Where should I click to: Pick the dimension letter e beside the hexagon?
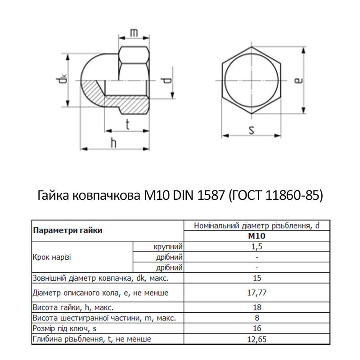point(298,80)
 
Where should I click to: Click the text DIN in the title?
point(183,196)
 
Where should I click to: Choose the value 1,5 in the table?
point(256,247)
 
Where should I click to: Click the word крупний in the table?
point(167,247)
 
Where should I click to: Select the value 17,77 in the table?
point(256,293)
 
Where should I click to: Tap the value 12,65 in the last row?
point(256,339)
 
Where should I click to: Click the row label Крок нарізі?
point(52,257)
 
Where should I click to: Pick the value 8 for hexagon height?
point(256,318)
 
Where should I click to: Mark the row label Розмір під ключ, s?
point(69,328)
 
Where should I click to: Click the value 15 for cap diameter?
point(256,278)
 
